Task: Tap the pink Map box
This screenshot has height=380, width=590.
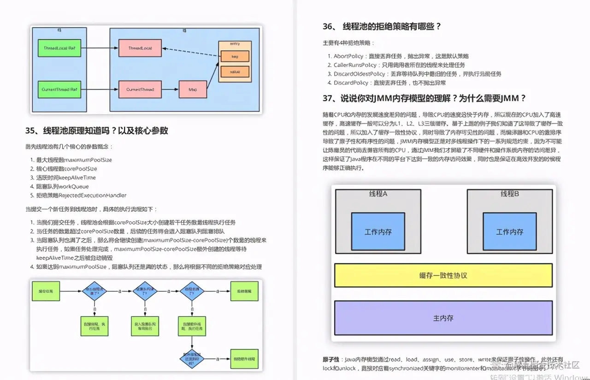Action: (193, 89)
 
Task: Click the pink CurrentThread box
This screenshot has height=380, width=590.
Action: (140, 89)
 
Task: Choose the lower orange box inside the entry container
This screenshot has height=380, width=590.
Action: (235, 71)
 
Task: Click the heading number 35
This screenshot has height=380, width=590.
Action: (30, 131)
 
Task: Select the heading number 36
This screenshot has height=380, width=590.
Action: (328, 26)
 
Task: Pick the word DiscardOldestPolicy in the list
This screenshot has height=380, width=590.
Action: (353, 74)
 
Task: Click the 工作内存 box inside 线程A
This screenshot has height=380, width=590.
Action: (378, 232)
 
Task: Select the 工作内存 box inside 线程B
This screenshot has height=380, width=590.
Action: (509, 232)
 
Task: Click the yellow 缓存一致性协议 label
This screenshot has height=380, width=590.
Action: (443, 275)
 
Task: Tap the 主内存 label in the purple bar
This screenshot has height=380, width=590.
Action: (443, 318)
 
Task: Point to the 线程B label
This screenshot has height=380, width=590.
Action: (510, 194)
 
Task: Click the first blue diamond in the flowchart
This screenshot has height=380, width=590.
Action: (94, 291)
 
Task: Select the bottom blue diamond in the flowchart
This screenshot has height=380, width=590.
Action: (192, 358)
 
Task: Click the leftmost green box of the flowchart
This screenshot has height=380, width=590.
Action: (46, 291)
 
